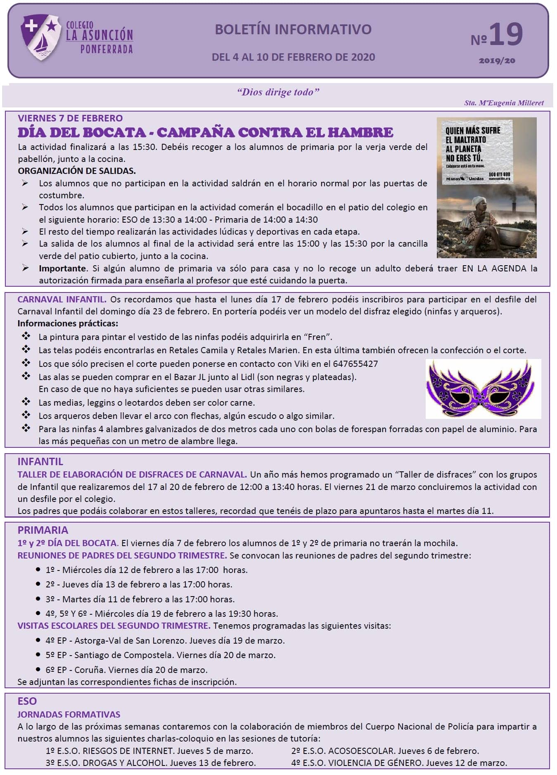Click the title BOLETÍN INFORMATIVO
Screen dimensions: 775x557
coord(293,29)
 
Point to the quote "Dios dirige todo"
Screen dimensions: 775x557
coord(278,92)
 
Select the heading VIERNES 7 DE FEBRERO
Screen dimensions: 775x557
coord(70,118)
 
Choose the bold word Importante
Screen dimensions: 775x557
coord(62,269)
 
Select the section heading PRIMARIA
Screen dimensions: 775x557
coord(43,530)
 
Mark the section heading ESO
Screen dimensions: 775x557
coord(27,701)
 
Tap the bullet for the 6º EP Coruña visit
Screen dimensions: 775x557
coord(38,670)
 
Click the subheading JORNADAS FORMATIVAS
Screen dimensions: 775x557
coord(69,715)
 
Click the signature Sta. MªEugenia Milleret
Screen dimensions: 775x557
coord(504,103)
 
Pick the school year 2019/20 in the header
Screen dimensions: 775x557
coord(497,61)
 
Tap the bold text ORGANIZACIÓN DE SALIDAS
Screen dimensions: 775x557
coord(77,171)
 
